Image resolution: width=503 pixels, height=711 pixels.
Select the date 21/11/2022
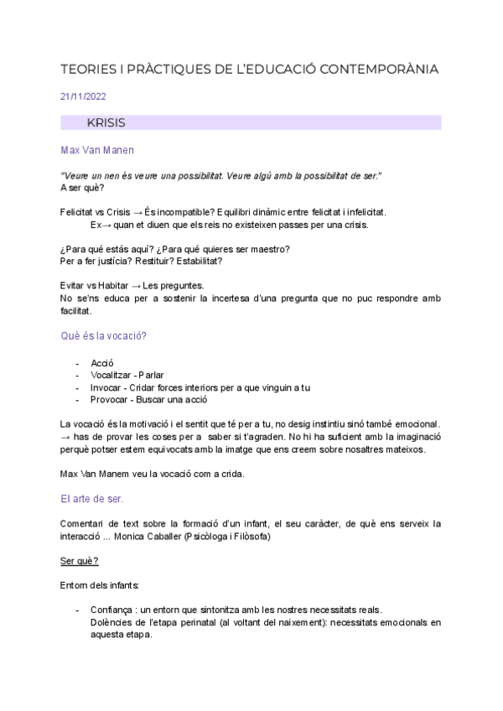pos(83,96)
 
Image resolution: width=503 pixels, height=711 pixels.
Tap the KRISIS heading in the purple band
pos(106,122)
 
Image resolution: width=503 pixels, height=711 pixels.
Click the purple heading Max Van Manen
pos(97,150)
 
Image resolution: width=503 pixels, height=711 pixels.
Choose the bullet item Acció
pos(102,363)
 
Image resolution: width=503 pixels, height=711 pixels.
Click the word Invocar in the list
pos(106,387)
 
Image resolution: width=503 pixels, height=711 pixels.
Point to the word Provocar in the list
pos(110,399)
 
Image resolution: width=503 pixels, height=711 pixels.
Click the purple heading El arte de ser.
pos(92,498)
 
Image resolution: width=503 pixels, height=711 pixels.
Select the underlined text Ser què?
pos(80,560)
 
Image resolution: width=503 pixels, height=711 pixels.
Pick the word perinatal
pos(192,622)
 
